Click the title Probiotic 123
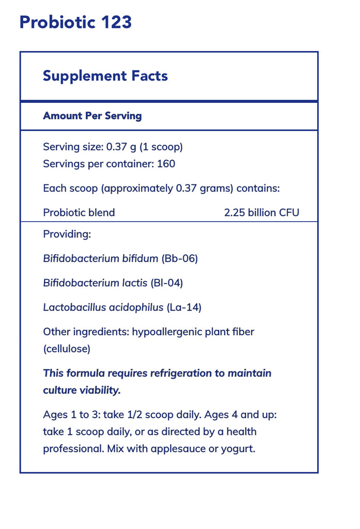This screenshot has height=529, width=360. pos(75,22)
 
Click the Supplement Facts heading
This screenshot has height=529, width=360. pos(105,76)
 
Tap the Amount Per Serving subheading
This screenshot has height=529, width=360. pos(92,116)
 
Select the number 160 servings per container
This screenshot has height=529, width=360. pos(166,164)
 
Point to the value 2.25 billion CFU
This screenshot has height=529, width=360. pos(261,212)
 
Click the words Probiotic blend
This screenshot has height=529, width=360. pos(79,212)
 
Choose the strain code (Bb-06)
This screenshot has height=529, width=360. pos(180,258)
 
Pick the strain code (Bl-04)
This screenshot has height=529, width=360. pos(167,283)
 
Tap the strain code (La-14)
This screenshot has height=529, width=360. pos(184,307)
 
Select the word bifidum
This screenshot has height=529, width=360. pos(139,258)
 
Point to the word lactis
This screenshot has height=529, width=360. pos(134,283)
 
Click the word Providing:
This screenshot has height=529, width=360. pos(67,234)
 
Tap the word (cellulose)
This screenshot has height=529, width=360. pos(67,349)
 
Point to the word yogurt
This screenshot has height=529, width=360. pos(238,448)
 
